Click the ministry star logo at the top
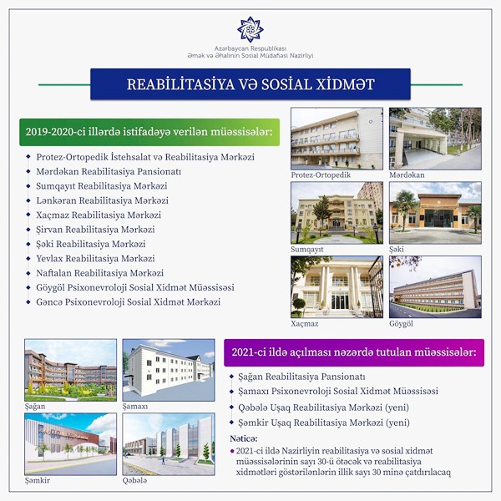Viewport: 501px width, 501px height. click(x=250, y=30)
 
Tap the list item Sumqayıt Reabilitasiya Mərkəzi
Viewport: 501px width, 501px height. click(x=102, y=186)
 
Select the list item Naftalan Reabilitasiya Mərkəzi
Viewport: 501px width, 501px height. click(x=99, y=273)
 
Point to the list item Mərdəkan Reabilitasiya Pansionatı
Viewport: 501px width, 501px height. click(x=109, y=171)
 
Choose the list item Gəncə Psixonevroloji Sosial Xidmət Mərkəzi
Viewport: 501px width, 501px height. click(x=128, y=302)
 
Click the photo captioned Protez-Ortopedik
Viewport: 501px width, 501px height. click(x=337, y=139)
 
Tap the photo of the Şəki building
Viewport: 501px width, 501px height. click(x=435, y=213)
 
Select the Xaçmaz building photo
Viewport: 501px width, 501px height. click(x=337, y=287)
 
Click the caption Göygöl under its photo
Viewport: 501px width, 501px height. click(x=401, y=324)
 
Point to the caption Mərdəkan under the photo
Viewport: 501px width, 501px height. click(x=407, y=175)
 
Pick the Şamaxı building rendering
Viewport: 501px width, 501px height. click(x=169, y=370)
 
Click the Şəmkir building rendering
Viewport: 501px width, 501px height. click(x=71, y=444)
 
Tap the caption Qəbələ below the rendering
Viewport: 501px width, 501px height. click(x=134, y=481)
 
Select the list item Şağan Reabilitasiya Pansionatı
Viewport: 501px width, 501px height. click(x=301, y=377)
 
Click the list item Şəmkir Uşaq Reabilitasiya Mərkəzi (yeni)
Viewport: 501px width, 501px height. click(x=324, y=423)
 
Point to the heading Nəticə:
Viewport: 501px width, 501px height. click(x=244, y=438)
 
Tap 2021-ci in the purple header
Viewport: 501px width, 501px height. click(x=245, y=352)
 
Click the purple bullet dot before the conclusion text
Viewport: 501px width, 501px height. click(x=232, y=451)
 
